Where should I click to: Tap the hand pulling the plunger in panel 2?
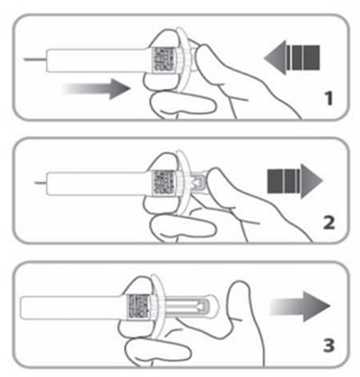click(229, 202)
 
